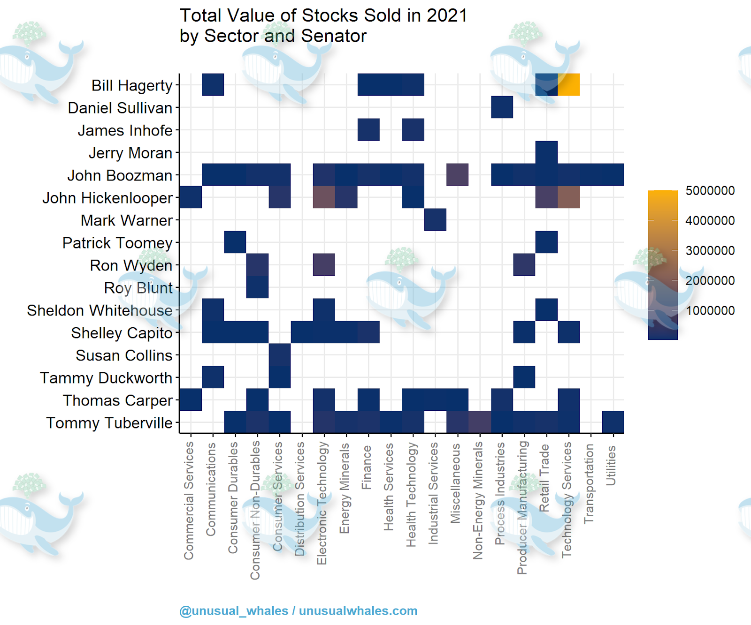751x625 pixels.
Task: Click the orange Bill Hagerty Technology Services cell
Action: coord(568,84)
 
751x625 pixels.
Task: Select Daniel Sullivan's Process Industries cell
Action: coord(502,107)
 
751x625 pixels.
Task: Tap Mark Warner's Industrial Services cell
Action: coord(435,219)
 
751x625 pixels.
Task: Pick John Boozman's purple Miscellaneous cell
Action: coord(457,174)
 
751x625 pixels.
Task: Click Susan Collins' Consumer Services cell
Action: coord(280,354)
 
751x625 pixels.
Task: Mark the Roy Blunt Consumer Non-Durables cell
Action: coord(257,287)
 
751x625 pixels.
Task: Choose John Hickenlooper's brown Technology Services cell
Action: coord(568,197)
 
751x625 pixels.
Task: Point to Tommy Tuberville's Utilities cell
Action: coord(613,422)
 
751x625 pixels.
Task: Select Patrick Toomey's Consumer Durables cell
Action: coord(235,242)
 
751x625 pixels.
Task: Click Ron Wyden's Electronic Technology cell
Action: coord(324,264)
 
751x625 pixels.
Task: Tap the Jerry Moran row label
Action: coord(130,153)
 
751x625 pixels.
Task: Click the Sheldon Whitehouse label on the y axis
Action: coord(100,310)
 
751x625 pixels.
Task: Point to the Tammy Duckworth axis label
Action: coord(106,378)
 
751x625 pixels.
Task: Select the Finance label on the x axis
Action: coord(367,467)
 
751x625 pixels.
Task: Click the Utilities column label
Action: coord(611,465)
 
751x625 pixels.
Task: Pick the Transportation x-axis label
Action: coord(589,484)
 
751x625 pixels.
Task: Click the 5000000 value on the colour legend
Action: coord(710,191)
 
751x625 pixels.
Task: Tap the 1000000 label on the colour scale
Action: coord(710,310)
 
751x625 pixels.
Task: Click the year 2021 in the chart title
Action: coord(447,16)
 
